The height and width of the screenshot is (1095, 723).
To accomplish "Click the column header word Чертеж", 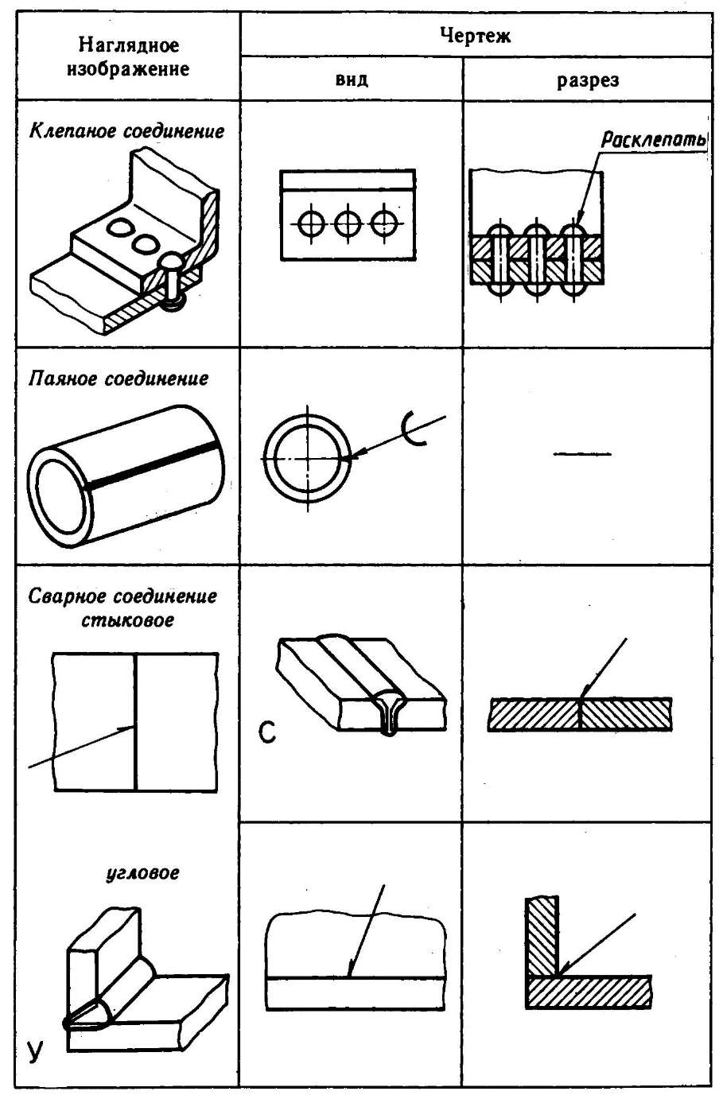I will point(474,35).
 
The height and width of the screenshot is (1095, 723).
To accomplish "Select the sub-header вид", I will point(351,80).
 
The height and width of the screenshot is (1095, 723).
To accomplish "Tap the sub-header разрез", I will point(587,80).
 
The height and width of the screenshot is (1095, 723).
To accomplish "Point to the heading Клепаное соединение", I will point(126,131).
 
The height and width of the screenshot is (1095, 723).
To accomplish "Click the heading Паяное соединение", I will point(119,379).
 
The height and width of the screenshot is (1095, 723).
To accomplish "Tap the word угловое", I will point(143,872).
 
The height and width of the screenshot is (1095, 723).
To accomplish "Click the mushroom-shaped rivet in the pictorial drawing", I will point(173,278).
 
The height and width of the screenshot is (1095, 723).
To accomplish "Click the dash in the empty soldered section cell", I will point(582,454).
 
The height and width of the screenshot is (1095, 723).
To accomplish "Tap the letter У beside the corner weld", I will point(35,1051).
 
